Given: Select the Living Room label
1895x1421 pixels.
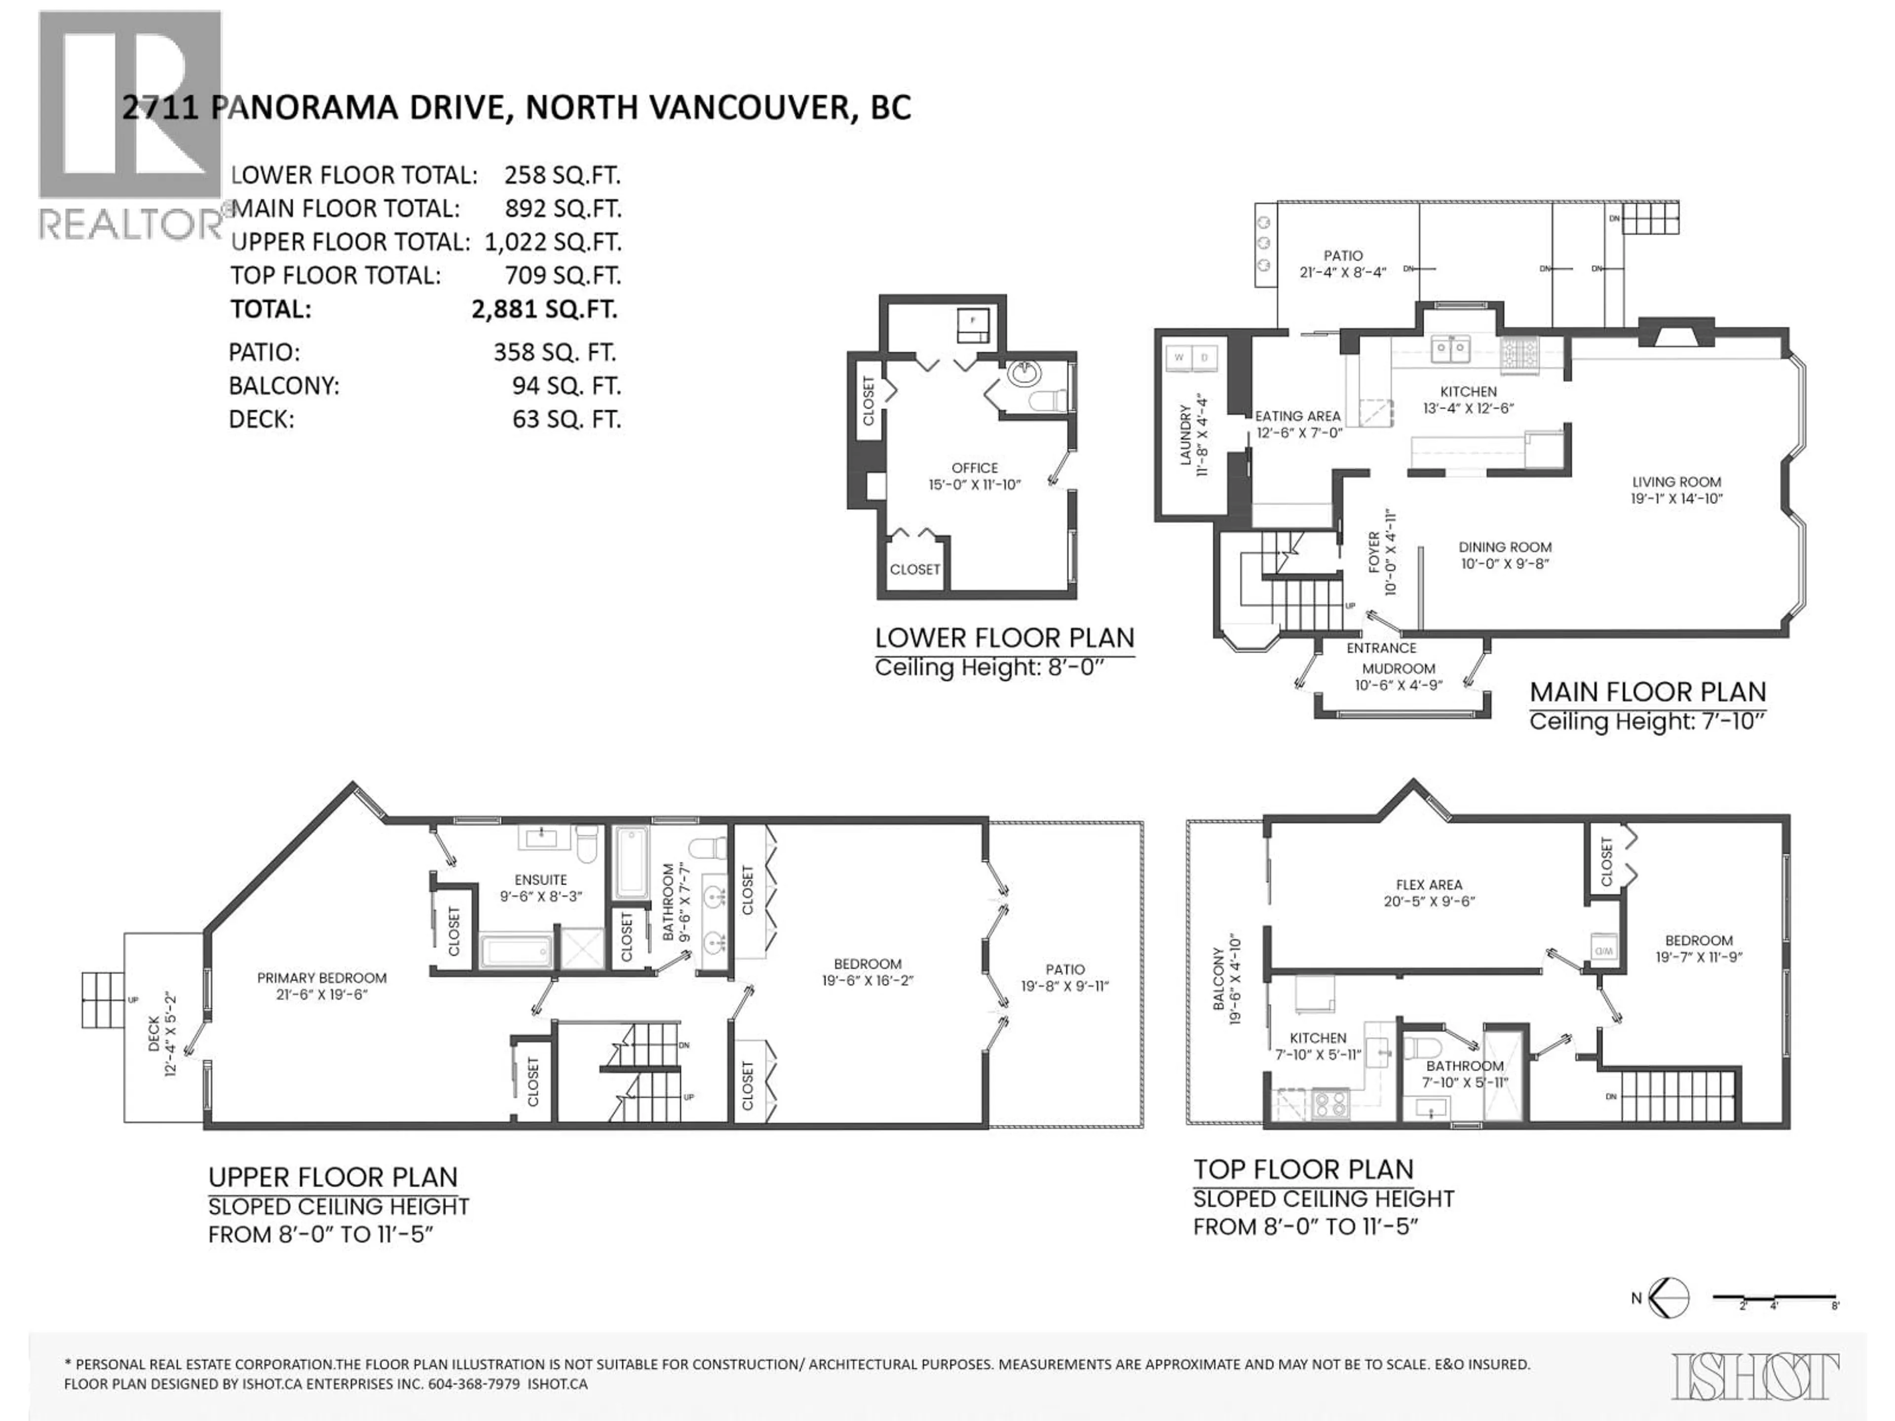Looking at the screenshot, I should tap(1676, 482).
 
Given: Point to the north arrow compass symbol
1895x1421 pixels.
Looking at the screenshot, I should tap(1667, 1298).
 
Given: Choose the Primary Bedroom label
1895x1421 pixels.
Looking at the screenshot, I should tap(321, 977).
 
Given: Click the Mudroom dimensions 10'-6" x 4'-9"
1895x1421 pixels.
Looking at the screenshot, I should tap(1398, 685).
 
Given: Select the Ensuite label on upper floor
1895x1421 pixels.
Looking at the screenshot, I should tap(540, 880).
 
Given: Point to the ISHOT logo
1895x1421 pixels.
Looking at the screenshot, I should tap(1754, 1377).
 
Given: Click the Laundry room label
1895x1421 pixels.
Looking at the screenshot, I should tap(1186, 437).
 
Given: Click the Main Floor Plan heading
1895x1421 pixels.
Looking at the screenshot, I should tap(1647, 692).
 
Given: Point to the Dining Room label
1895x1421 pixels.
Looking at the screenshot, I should tap(1504, 547).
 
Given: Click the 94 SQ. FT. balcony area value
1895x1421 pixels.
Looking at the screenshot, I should tap(566, 386).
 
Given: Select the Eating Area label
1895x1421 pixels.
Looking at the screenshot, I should tap(1297, 416).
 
